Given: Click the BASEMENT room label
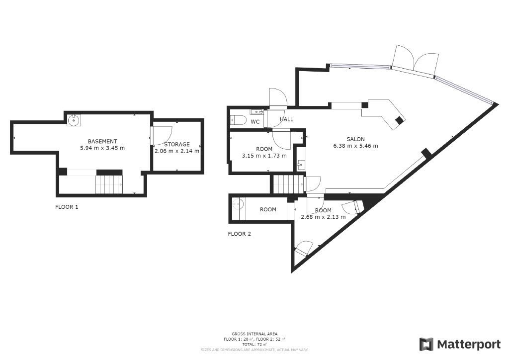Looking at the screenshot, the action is click(x=102, y=141).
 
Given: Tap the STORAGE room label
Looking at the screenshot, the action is click(x=177, y=144).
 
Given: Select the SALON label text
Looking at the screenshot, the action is click(x=355, y=139).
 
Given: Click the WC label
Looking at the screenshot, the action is click(x=255, y=122).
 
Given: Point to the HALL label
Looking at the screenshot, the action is click(x=286, y=119).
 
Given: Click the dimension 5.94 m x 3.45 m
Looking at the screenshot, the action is click(x=102, y=148).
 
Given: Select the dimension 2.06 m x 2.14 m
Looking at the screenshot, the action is click(x=177, y=151).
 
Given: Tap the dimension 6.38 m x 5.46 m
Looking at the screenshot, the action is click(x=355, y=146).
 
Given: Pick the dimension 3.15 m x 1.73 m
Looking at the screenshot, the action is click(x=264, y=156).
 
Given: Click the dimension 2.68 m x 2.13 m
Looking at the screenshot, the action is click(x=323, y=217).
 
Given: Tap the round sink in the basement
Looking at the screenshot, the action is click(x=74, y=120).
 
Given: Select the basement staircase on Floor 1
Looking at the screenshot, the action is click(x=109, y=184).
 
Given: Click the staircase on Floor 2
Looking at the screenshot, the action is click(x=289, y=184).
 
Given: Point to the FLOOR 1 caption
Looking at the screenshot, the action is click(x=67, y=207).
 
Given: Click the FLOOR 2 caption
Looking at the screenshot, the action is click(x=239, y=234).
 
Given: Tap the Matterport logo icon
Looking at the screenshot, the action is click(x=426, y=345).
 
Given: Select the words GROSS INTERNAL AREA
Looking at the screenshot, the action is click(x=254, y=334).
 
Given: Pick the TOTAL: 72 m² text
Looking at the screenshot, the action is click(x=254, y=345).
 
